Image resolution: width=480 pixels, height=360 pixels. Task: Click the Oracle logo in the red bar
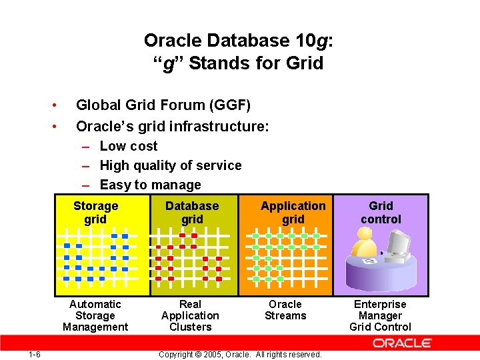402,343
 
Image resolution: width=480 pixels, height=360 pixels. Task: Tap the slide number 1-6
35,354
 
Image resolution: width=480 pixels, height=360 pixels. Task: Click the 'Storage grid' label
95,213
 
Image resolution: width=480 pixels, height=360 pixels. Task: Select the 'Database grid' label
192,213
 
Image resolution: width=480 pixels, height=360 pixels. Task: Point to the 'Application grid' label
293,213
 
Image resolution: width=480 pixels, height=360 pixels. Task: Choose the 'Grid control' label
381,213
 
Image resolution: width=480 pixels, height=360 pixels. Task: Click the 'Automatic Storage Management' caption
95,315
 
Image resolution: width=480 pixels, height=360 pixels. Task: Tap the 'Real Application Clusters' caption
190,315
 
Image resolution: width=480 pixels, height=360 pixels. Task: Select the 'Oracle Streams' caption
285,310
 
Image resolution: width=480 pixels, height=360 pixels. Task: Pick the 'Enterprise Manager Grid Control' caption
380,315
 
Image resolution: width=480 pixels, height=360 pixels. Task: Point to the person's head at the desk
366,235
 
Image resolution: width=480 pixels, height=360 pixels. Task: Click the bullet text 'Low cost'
129,146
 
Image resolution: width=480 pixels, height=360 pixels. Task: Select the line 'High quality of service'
171,165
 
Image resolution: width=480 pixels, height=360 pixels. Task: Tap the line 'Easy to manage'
150,185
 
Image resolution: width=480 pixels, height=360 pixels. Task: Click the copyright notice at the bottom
240,354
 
